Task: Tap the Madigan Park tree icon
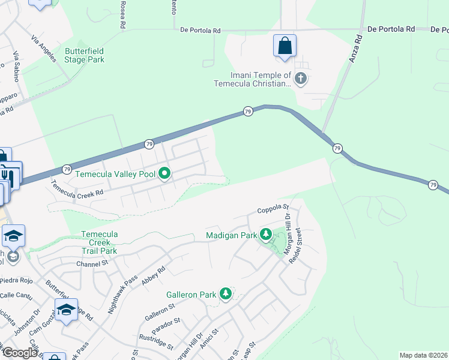click(265, 234)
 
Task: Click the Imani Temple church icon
click(301, 79)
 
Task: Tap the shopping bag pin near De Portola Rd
click(284, 46)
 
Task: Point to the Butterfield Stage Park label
click(85, 55)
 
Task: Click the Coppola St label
click(273, 211)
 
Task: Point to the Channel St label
click(91, 263)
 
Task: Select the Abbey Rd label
click(152, 275)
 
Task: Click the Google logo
click(20, 353)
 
